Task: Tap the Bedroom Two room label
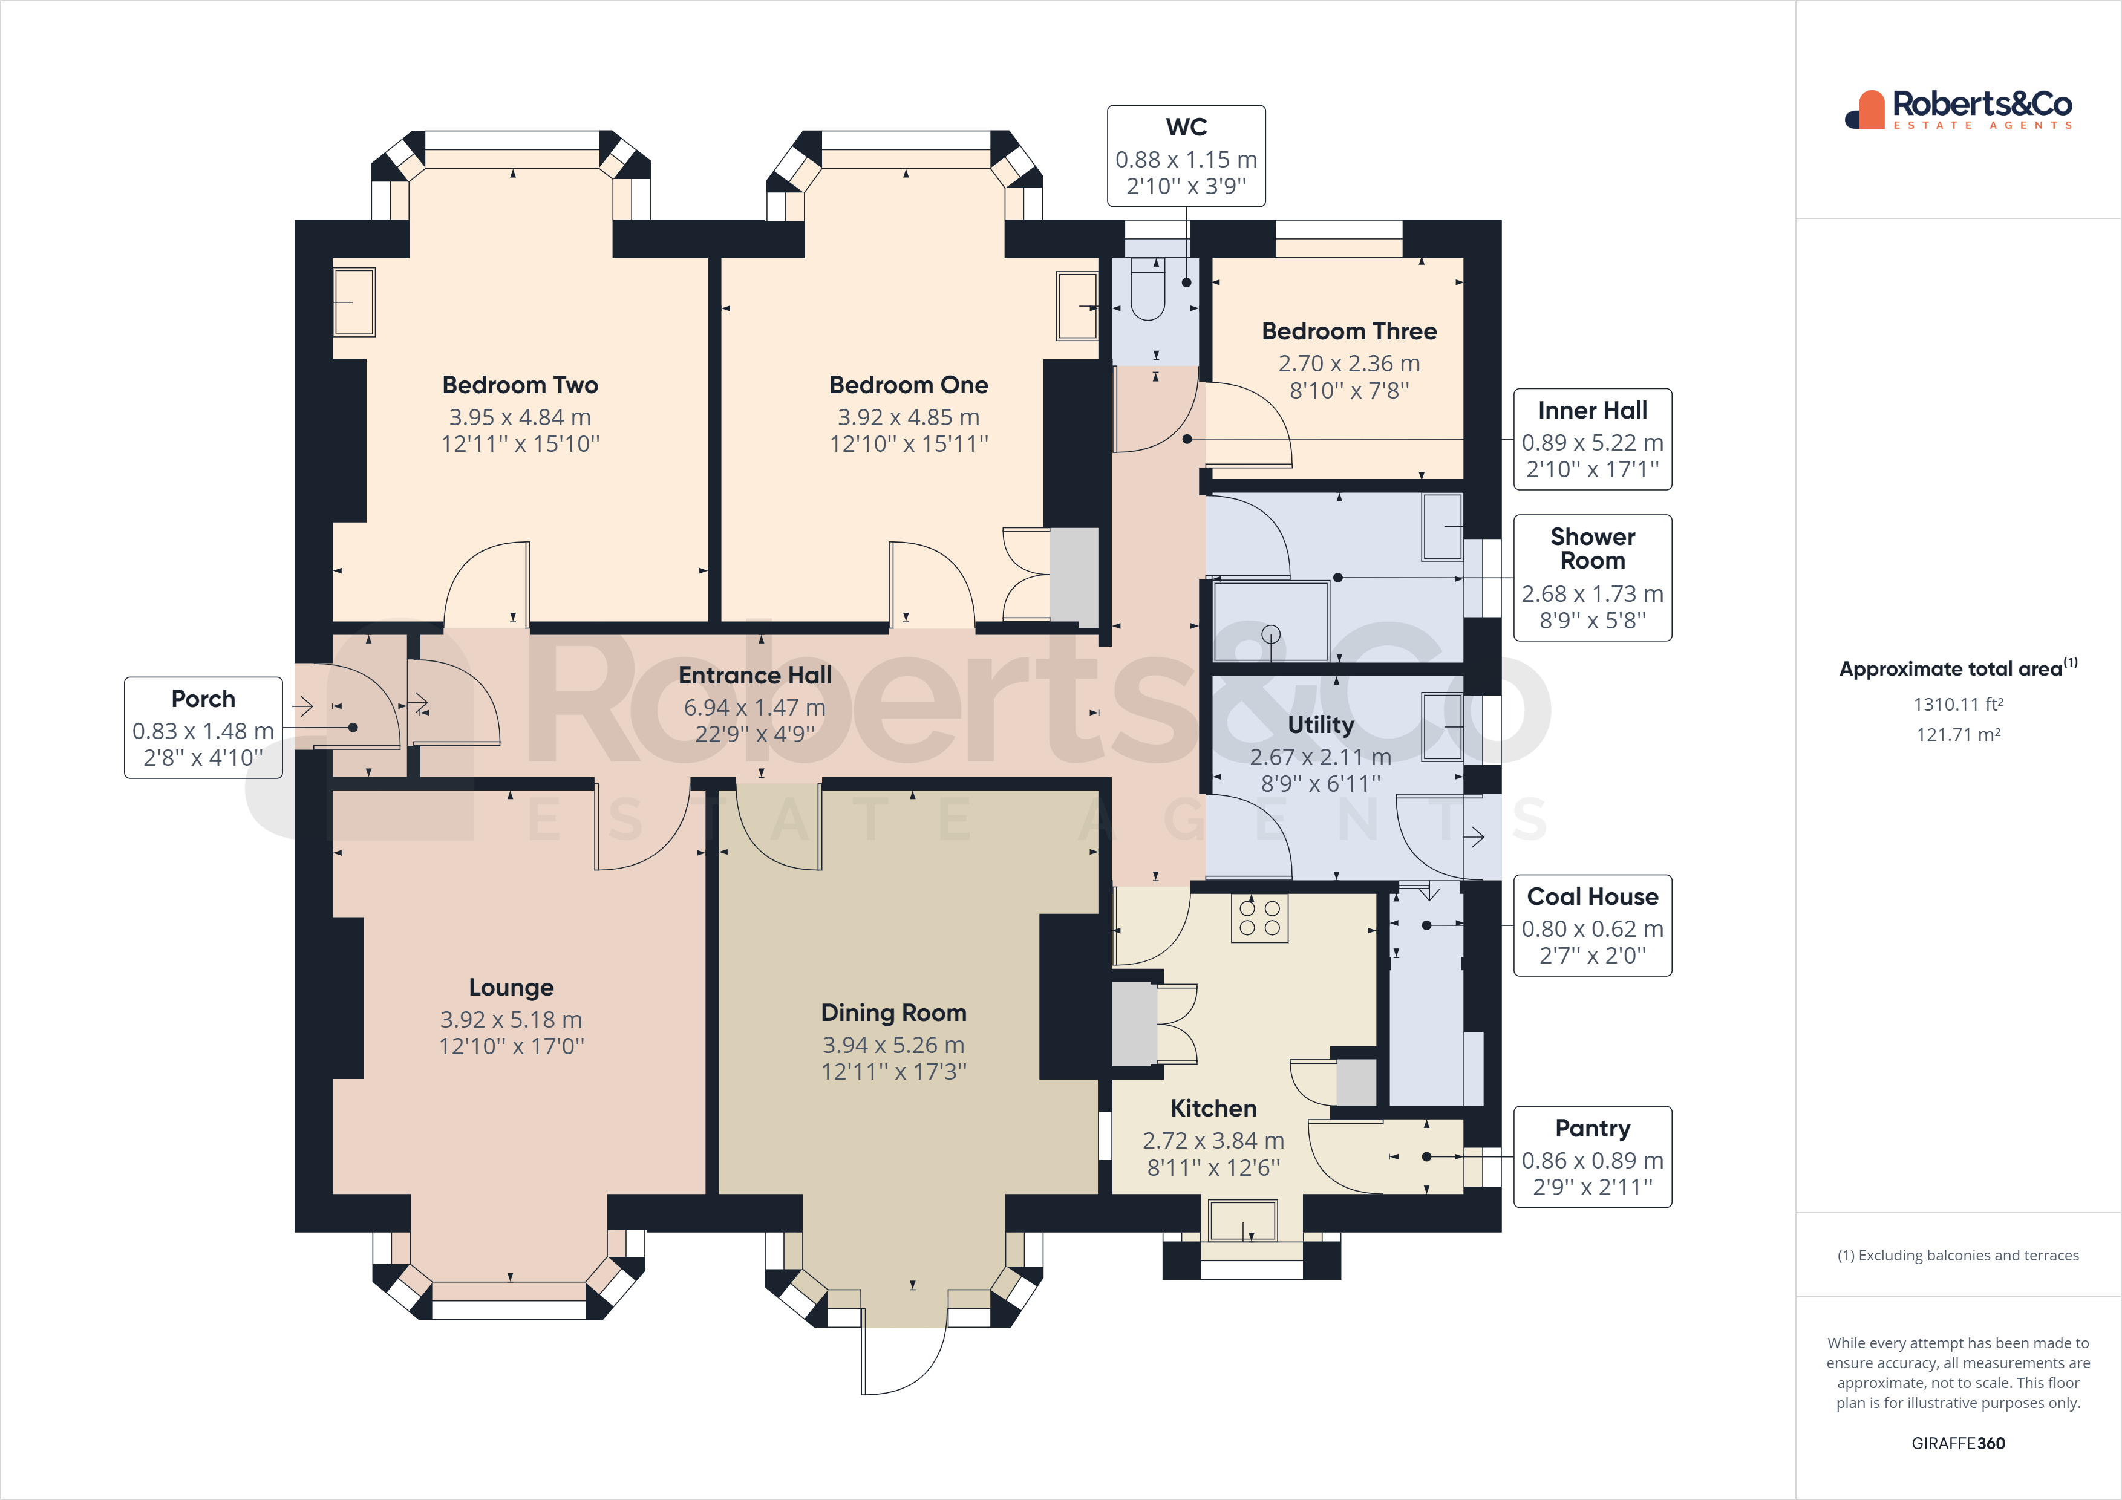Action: pos(520,385)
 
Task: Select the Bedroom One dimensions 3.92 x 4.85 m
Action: pos(909,418)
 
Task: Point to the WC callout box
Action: pos(1187,155)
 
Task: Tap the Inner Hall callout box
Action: pos(1593,439)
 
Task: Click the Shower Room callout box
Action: pos(1593,578)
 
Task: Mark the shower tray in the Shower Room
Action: pos(1271,621)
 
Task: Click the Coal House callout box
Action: pos(1593,925)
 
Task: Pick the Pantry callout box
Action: pos(1593,1157)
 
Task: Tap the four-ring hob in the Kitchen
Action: pos(1259,918)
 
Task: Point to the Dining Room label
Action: pos(893,1013)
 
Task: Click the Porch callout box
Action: pos(203,728)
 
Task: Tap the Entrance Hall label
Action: pos(755,676)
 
